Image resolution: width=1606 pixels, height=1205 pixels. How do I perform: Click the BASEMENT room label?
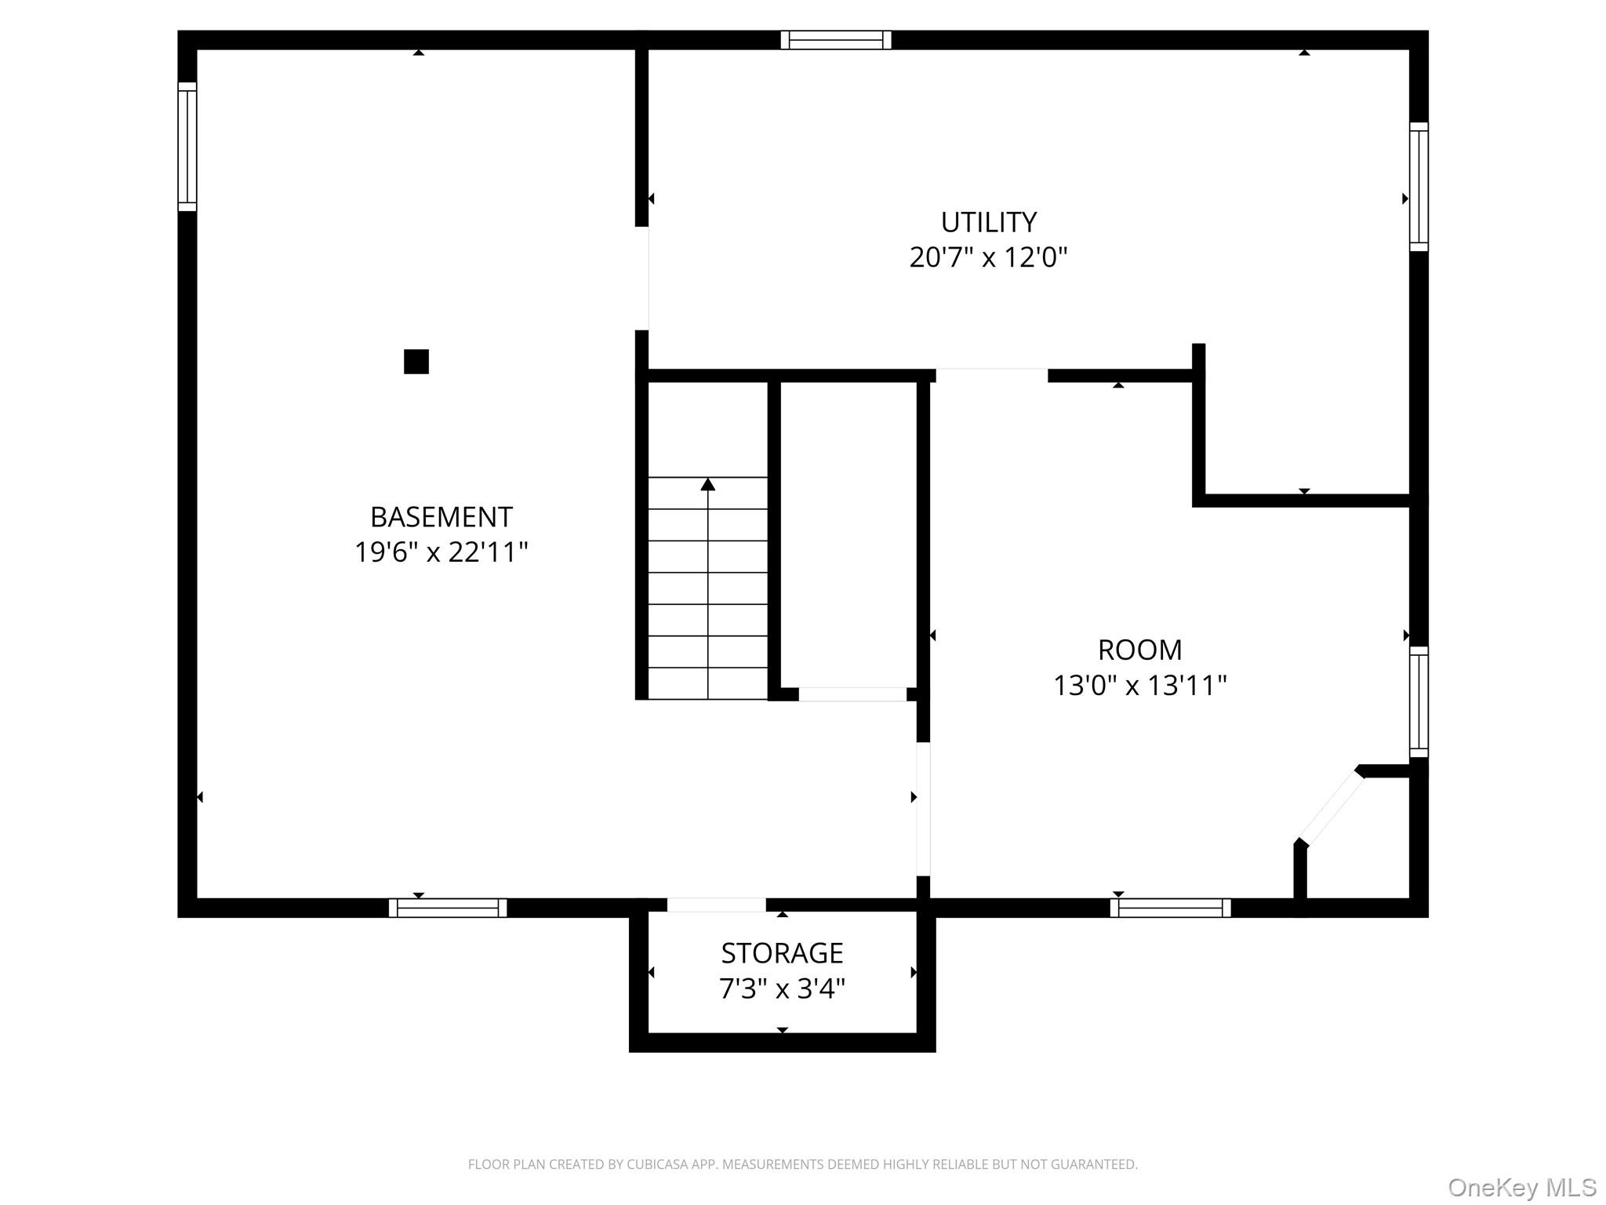pyautogui.click(x=441, y=518)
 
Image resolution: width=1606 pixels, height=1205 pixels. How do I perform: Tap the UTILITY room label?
pyautogui.click(x=988, y=223)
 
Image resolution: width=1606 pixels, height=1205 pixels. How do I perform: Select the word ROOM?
pyautogui.click(x=1139, y=650)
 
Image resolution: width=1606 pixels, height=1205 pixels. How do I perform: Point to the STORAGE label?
pyautogui.click(x=782, y=953)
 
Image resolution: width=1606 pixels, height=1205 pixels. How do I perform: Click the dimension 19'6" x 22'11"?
pyautogui.click(x=441, y=553)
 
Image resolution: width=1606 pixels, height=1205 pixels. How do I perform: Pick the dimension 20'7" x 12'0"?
pyautogui.click(x=988, y=258)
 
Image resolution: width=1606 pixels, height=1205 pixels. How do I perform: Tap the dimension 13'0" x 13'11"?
pyautogui.click(x=1139, y=686)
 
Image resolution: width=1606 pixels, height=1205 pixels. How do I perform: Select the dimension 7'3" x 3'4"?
pyautogui.click(x=782, y=988)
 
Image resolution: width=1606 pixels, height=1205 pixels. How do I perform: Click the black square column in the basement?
pyautogui.click(x=416, y=362)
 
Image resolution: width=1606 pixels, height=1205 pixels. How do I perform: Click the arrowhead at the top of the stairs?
pyautogui.click(x=708, y=484)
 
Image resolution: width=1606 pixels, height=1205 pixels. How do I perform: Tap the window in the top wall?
pyautogui.click(x=836, y=40)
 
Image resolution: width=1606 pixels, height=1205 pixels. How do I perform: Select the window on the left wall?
pyautogui.click(x=187, y=147)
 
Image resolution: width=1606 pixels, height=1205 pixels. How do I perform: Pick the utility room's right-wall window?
pyautogui.click(x=1419, y=187)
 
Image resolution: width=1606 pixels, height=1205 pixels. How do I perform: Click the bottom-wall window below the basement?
pyautogui.click(x=448, y=908)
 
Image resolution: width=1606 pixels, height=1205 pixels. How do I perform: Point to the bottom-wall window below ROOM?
pyautogui.click(x=1170, y=908)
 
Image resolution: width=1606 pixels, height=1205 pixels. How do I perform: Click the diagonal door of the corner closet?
pyautogui.click(x=1332, y=807)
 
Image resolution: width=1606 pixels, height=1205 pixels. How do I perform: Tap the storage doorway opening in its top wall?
pyautogui.click(x=716, y=905)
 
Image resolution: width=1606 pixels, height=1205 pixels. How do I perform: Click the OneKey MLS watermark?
pyautogui.click(x=1521, y=1188)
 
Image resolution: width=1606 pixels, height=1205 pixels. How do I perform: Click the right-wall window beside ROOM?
pyautogui.click(x=1419, y=701)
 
